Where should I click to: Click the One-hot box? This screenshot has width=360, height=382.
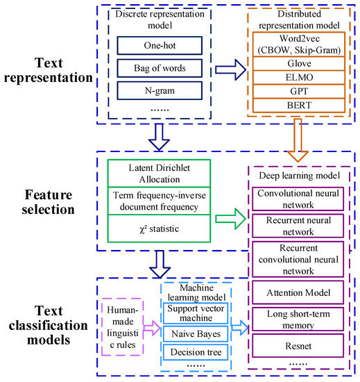point(149,44)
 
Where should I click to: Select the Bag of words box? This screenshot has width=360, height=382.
point(149,67)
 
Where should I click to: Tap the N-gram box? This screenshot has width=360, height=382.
point(149,90)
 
